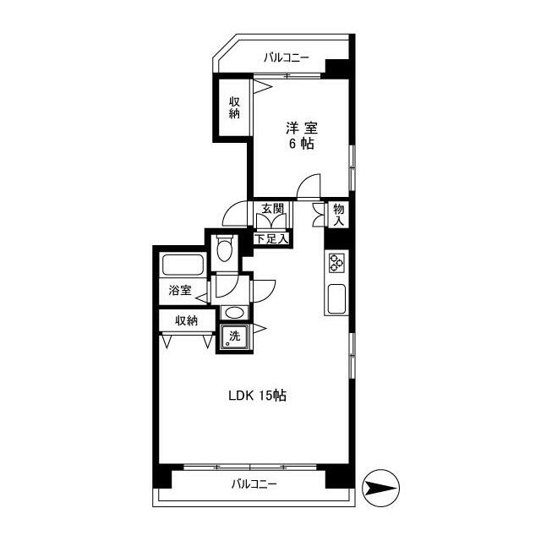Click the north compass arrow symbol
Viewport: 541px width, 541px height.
[380, 488]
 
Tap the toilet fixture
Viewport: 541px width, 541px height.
[224, 248]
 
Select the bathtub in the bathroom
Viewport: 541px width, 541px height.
[183, 265]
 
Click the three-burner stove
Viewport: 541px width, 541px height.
[336, 263]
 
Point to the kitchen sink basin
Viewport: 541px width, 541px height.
[336, 298]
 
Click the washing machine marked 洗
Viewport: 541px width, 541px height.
[235, 336]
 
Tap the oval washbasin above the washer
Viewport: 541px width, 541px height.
[234, 313]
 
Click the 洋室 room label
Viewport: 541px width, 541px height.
[302, 128]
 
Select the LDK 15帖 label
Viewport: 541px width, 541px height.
[257, 396]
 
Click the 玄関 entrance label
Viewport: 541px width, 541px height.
[272, 209]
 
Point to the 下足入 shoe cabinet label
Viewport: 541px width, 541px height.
[271, 238]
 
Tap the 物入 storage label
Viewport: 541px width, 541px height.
[338, 215]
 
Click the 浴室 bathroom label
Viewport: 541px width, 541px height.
[180, 290]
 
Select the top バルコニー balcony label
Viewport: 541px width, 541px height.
[286, 57]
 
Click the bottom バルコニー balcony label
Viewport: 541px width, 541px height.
[254, 484]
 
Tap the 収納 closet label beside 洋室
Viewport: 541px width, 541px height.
[234, 107]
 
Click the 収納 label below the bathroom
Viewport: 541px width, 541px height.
[186, 321]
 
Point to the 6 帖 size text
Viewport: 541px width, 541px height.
[302, 144]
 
